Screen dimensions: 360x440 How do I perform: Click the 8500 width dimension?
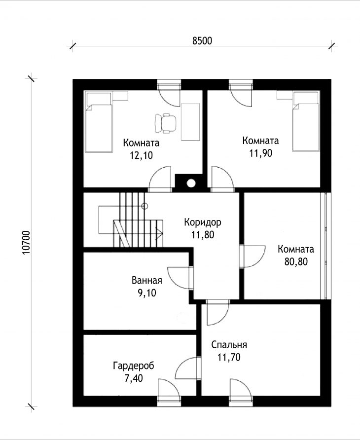202,40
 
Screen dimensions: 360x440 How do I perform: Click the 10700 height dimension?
26,243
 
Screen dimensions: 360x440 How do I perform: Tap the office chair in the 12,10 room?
166,123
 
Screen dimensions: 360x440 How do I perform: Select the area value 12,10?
141,155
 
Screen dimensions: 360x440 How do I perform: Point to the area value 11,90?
261,153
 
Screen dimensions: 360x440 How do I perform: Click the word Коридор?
203,222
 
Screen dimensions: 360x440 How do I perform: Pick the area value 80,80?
296,261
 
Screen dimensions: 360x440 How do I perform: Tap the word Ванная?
147,280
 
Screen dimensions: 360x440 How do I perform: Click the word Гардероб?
134,366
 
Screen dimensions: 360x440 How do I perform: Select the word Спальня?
229,345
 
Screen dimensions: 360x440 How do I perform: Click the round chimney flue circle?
191,183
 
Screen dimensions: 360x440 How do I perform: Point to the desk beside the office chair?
190,122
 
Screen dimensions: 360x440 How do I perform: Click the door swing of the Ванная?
180,278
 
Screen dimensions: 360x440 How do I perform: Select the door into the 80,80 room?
253,257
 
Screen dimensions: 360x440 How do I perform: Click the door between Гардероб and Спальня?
187,368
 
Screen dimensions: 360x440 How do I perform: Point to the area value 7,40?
134,378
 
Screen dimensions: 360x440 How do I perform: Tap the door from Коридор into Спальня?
218,313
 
